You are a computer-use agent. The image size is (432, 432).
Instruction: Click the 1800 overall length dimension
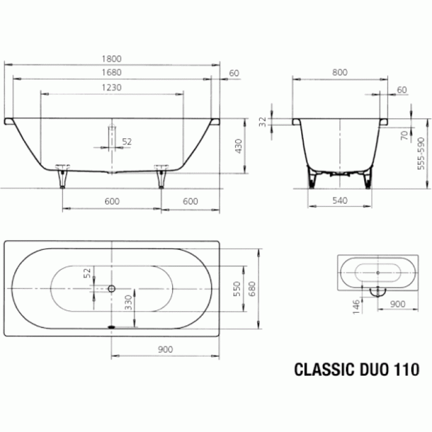point(112,59)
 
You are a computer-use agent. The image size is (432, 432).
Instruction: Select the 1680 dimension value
point(112,73)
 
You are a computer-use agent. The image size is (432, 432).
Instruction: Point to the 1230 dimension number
point(112,88)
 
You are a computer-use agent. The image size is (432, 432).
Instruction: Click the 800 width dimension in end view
point(339,73)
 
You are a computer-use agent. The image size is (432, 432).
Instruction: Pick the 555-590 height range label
point(422,157)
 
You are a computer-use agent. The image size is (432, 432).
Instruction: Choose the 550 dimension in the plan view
point(236,289)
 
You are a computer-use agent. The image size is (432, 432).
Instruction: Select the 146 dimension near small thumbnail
point(356,306)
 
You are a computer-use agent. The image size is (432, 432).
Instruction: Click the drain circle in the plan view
point(112,288)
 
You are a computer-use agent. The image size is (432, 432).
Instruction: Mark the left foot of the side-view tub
point(62,176)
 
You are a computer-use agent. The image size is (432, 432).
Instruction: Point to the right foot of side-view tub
point(162,176)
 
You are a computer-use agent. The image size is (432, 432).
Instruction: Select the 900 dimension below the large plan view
point(165,349)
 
